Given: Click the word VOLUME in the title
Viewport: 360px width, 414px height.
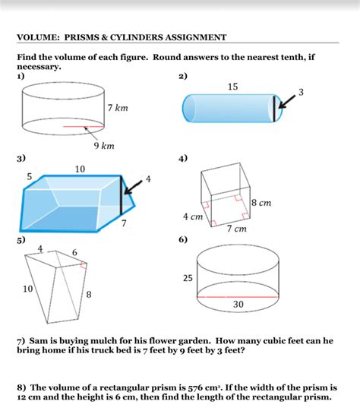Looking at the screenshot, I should (x=38, y=37).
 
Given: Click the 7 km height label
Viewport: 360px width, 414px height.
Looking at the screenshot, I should (x=118, y=109).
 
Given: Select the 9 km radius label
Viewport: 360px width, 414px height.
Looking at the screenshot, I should (x=104, y=144).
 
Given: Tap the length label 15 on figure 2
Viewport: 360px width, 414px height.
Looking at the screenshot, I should (x=232, y=87).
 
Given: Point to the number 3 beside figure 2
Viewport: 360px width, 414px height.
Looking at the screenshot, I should (x=302, y=92).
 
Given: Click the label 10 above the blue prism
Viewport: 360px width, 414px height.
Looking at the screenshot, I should (x=80, y=169).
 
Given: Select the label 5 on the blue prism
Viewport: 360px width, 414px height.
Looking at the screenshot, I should (x=29, y=176).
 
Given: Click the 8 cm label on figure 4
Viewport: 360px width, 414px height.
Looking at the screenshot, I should (x=261, y=203).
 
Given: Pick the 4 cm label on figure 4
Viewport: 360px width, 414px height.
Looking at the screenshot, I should (x=192, y=216).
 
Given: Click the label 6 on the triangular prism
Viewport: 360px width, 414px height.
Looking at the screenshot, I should (x=74, y=251).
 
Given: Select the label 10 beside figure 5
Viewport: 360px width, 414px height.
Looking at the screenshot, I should (x=28, y=289).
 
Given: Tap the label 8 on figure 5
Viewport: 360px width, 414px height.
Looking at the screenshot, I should (x=89, y=294).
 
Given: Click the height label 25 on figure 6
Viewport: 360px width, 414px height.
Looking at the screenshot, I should (x=187, y=279).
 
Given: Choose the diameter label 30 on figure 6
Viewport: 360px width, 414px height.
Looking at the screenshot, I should (x=238, y=305).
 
